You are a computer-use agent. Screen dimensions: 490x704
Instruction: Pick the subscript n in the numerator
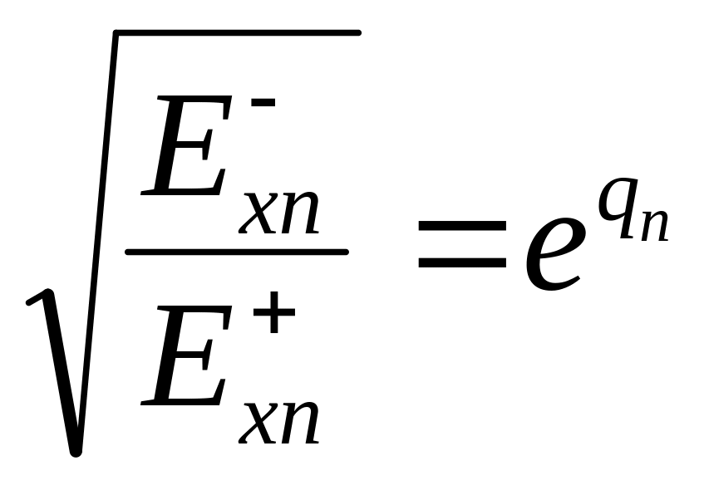pyautogui.click(x=301, y=214)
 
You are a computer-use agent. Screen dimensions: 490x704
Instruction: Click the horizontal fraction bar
pyautogui.click(x=236, y=251)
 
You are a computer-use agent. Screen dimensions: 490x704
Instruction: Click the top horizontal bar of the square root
pyautogui.click(x=237, y=33)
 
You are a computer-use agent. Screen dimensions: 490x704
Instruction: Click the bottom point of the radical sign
pyautogui.click(x=75, y=451)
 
